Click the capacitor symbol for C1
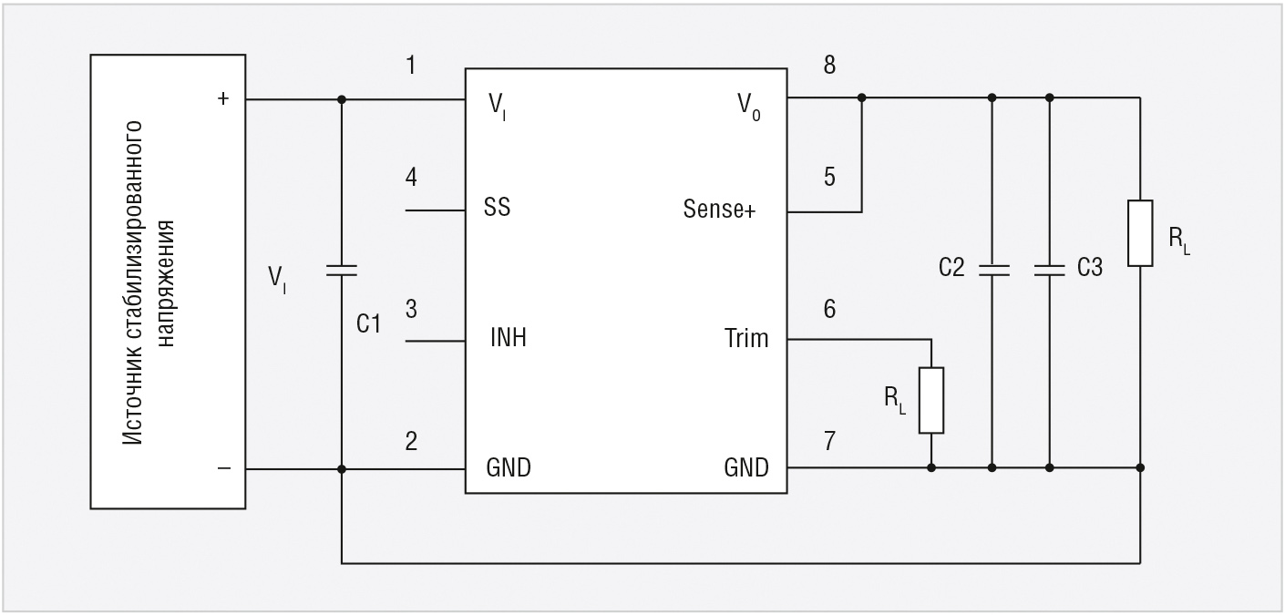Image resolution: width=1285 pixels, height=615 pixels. coord(341,270)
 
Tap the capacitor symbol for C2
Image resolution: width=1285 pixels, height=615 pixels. coord(992,270)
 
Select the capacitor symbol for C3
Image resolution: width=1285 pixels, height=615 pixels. coord(1049,270)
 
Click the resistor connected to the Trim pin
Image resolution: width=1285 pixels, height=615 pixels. coord(930,400)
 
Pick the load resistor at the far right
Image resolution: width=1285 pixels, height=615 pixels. coord(1140,233)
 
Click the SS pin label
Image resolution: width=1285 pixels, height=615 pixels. coord(497,208)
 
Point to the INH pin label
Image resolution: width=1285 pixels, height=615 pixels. coord(508,339)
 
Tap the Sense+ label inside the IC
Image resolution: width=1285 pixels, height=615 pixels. coord(719,210)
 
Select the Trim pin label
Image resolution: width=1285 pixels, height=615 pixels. coord(746,339)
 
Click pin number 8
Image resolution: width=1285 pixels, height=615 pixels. coord(829,67)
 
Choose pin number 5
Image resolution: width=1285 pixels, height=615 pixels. coord(829,177)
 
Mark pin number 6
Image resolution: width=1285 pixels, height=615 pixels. coord(829,309)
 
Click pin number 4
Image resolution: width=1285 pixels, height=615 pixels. coord(412,177)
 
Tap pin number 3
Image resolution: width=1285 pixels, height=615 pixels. coord(412,309)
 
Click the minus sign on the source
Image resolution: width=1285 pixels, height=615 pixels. coord(224,468)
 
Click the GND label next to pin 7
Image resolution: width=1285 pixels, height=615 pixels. coord(745,468)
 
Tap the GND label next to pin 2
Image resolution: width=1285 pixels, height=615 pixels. coord(509,468)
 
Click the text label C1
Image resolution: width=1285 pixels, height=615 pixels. coord(368,323)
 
